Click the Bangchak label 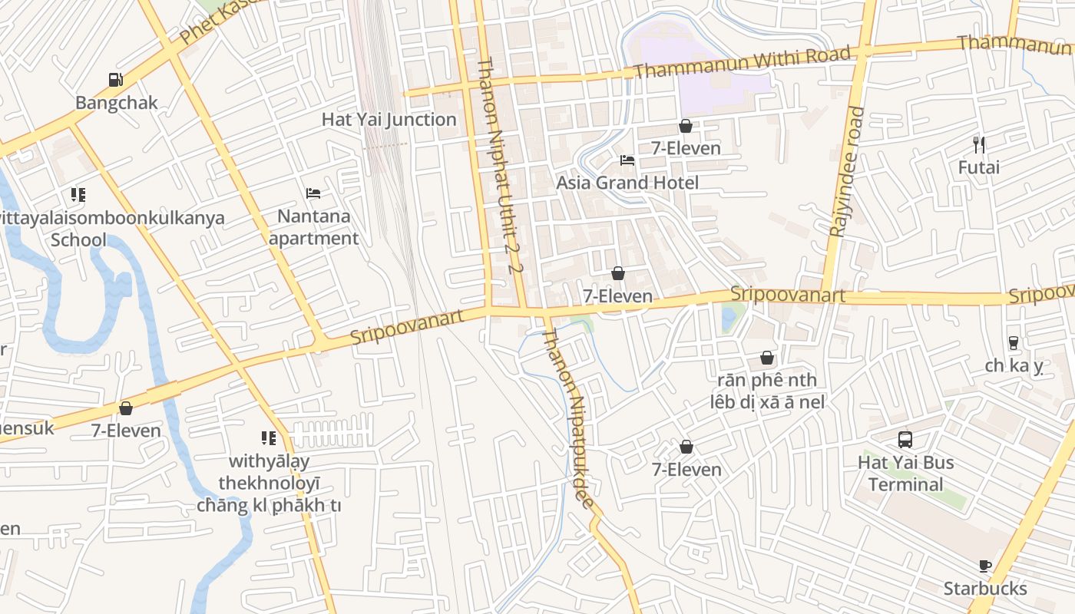tap(117, 103)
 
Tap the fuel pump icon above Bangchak tap(115, 79)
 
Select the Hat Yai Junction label tap(389, 119)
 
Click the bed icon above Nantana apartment tap(313, 193)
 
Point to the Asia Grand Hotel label tap(627, 183)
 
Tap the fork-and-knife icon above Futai tap(979, 144)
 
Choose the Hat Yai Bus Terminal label tap(905, 474)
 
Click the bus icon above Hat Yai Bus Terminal tap(905, 440)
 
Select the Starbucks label tap(985, 589)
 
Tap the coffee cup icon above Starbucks tap(985, 566)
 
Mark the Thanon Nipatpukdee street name tap(568, 418)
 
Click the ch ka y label tap(1014, 366)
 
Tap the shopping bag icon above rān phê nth tap(766, 358)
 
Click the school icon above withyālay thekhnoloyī tap(269, 438)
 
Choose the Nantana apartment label tap(313, 227)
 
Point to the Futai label tap(979, 167)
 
